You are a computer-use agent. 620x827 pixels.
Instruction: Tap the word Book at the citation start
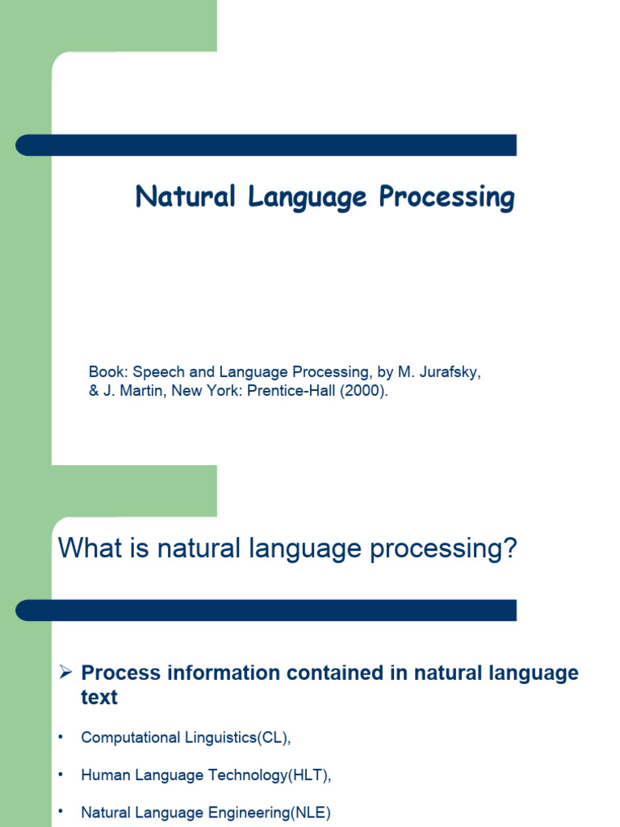[107, 372]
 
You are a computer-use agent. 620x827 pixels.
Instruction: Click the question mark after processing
[509, 549]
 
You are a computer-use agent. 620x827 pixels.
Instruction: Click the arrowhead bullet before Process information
[67, 673]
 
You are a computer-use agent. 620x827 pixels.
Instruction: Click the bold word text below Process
[99, 697]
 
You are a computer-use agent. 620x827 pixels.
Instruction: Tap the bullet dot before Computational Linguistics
[60, 737]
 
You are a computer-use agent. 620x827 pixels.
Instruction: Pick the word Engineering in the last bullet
[245, 813]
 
